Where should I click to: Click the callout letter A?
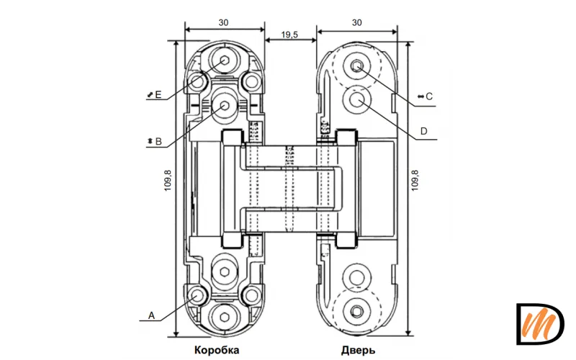151,315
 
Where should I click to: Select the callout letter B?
158,142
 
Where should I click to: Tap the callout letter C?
429,96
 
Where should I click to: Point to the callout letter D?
424,131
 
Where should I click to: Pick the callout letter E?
158,94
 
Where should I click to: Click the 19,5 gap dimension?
290,34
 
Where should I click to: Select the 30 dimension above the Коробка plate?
225,23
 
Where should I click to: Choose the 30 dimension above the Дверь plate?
357,23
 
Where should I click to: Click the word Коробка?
216,351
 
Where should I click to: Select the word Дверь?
358,351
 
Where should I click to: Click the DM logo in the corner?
540,324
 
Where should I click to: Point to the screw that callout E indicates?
225,60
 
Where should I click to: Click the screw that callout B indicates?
225,105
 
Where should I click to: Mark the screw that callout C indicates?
358,66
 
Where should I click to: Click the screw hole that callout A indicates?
197,295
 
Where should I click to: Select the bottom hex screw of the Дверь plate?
358,310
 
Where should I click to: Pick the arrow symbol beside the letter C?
420,96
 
